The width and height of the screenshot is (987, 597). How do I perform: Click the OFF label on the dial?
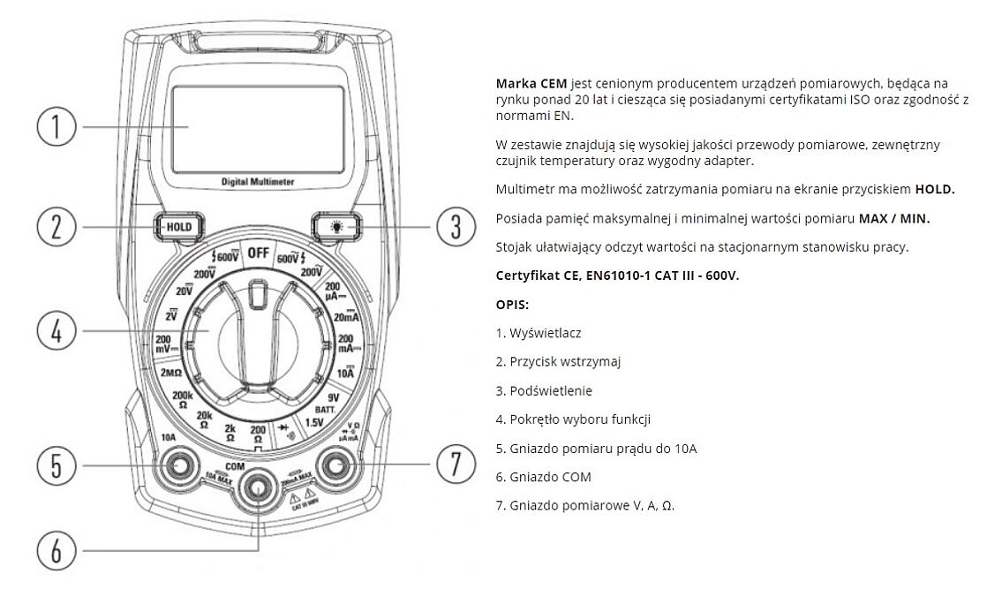[258, 253]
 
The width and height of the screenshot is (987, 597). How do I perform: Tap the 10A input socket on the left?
[179, 465]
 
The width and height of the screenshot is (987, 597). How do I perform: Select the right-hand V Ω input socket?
[336, 465]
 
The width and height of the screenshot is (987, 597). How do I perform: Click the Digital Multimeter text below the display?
[258, 181]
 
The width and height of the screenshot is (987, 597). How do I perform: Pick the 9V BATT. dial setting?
[333, 403]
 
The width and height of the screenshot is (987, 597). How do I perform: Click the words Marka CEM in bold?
[531, 84]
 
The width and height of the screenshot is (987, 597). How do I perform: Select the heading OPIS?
[512, 304]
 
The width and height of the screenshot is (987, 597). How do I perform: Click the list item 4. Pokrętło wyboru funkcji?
[573, 419]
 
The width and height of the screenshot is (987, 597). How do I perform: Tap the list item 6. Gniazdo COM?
[543, 477]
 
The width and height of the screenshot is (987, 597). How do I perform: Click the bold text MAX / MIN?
[894, 218]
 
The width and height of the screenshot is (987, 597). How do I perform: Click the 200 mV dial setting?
[163, 344]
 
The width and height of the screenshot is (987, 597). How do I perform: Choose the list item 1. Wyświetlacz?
[539, 333]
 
